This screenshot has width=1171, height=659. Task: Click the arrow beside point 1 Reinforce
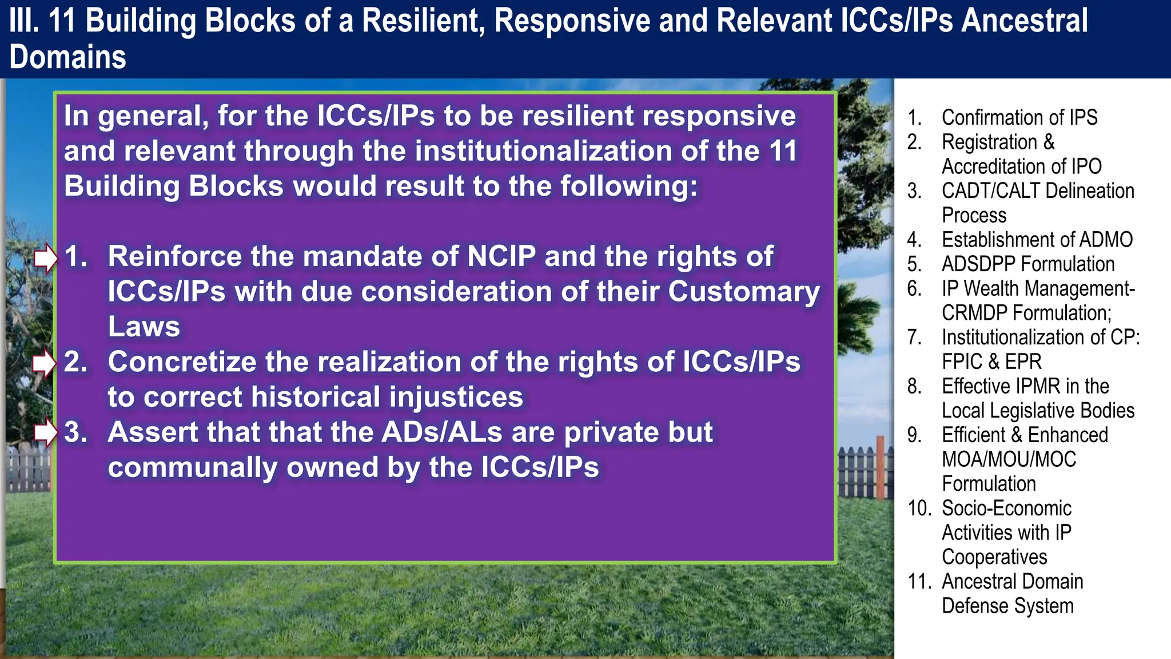(x=45, y=258)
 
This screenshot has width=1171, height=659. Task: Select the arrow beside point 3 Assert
(x=45, y=432)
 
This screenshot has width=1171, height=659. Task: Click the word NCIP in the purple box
(x=501, y=256)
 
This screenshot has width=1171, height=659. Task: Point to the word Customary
(x=744, y=292)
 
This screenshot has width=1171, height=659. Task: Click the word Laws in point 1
(x=144, y=327)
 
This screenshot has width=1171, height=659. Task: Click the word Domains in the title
(x=67, y=57)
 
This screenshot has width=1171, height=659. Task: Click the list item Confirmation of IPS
(x=1019, y=117)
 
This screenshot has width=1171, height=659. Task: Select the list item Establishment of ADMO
(x=1037, y=239)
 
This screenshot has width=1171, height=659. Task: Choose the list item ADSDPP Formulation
(x=1027, y=264)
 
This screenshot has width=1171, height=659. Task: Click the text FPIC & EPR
(x=991, y=362)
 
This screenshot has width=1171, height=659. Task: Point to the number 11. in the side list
(x=919, y=581)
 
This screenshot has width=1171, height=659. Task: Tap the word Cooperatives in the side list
(x=994, y=557)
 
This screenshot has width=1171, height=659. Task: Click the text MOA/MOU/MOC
(x=1009, y=459)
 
